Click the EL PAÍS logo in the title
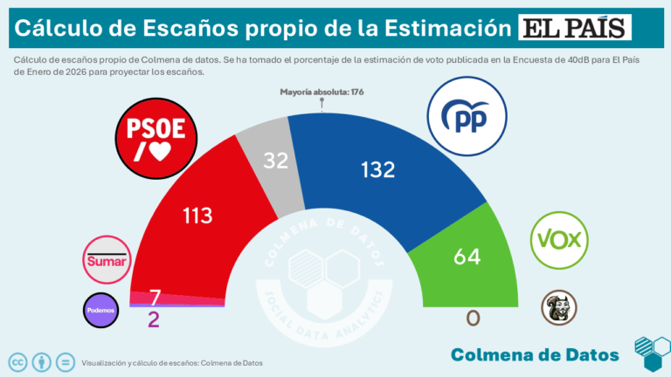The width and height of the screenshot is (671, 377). click(574, 28)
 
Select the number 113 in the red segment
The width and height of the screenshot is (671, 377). click(197, 214)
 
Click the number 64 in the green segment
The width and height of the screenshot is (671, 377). click(467, 257)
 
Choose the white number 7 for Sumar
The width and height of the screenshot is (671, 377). click(155, 297)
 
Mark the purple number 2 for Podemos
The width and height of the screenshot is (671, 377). click(154, 319)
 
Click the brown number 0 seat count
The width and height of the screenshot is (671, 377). click(473, 319)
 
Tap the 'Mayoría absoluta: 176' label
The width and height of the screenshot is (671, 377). click(322, 92)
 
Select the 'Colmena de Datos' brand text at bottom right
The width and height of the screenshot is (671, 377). click(535, 353)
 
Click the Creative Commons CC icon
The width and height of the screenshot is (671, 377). click(17, 361)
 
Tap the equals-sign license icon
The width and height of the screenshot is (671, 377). click(64, 361)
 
